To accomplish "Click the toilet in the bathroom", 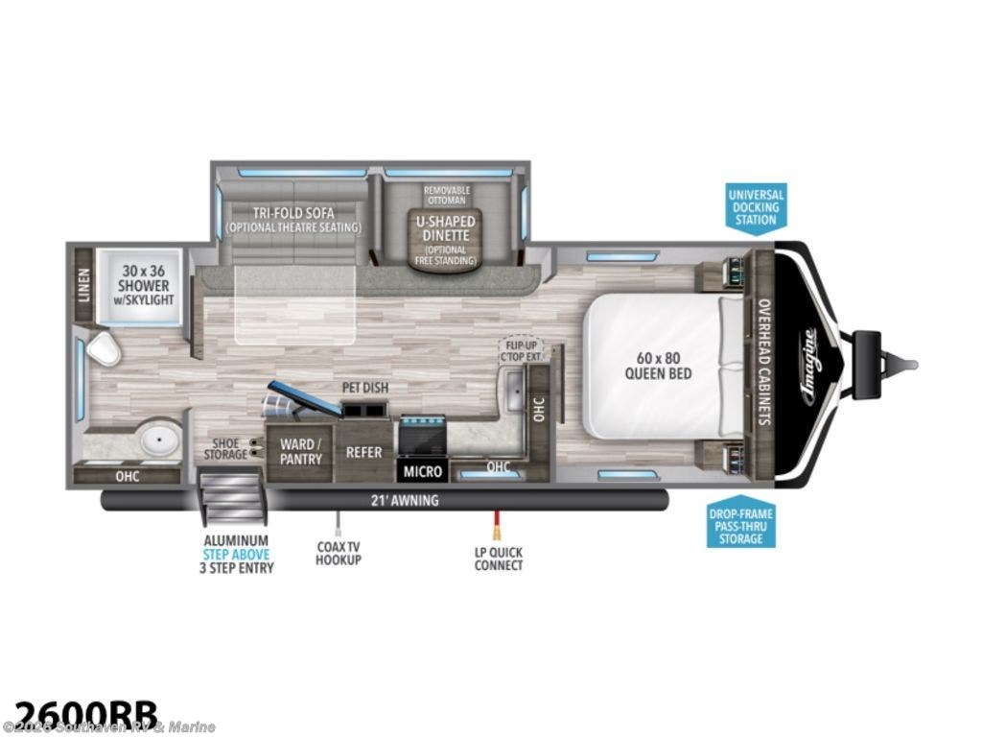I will (104, 350).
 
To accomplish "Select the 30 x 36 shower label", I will (145, 278).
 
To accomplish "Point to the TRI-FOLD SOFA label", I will (292, 219).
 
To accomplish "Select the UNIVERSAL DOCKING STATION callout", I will (757, 206).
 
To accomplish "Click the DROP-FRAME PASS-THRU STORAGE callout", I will (741, 525).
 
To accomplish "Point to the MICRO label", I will (423, 471).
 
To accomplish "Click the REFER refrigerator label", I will (363, 452).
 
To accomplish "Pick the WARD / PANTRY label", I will (300, 452).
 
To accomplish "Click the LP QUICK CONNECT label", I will (499, 559).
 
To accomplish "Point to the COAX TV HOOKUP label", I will (339, 553).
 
